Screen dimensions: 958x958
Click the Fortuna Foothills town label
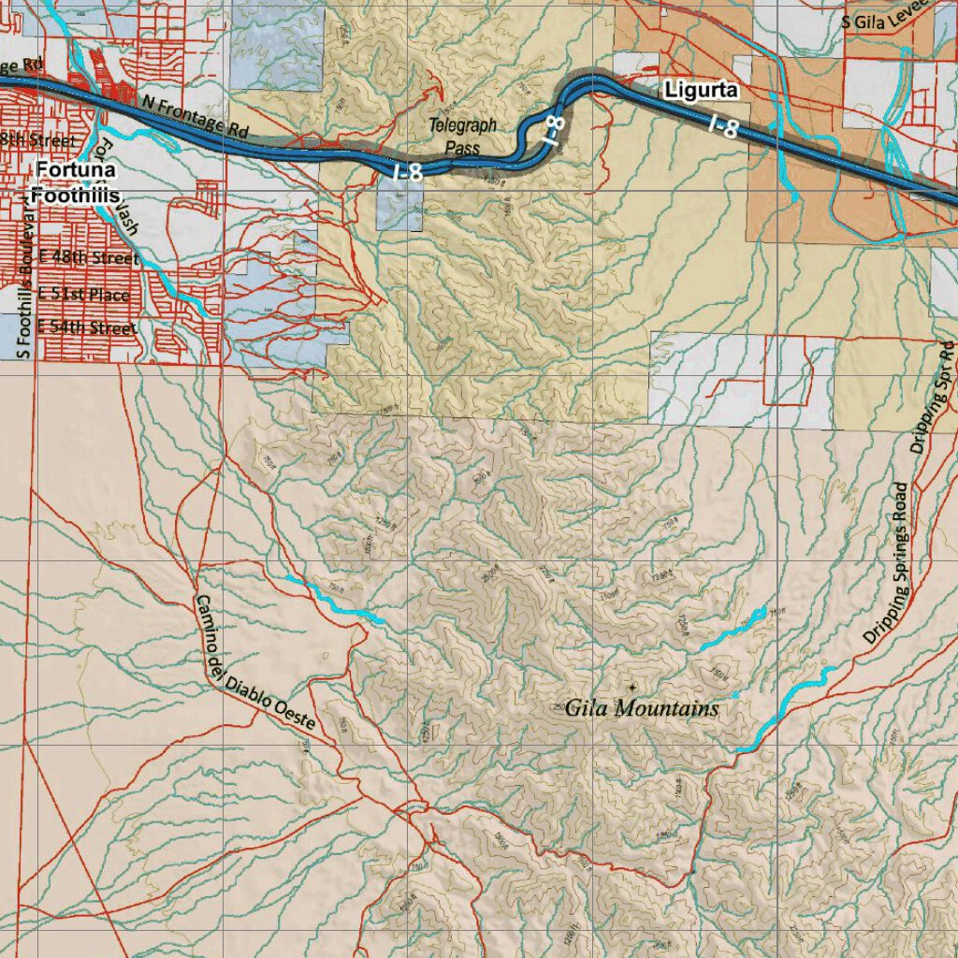pos(77,182)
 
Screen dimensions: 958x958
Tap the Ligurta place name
pos(702,91)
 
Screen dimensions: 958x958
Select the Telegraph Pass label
pos(462,136)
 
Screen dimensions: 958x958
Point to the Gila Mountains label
pos(642,708)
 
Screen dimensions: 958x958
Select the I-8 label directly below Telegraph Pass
pos(407,171)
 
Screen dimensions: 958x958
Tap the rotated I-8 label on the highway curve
pos(552,132)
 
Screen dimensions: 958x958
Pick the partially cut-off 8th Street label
pos(37,140)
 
